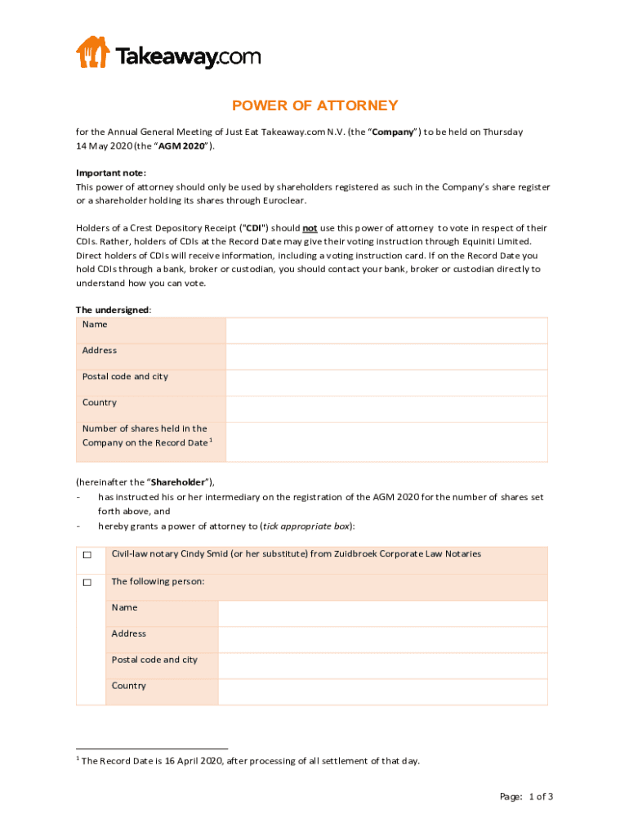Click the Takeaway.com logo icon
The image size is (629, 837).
coord(92,51)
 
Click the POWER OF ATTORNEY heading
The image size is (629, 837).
coord(314,105)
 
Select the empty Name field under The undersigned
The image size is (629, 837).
coord(386,330)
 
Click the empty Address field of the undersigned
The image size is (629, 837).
coord(386,356)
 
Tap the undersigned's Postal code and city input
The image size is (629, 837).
coord(386,383)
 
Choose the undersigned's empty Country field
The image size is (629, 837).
coord(386,409)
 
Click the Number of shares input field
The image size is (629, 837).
coord(386,441)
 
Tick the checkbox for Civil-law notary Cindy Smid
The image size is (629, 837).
coord(86,556)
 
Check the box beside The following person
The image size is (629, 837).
coord(86,583)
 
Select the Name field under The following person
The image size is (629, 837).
coord(382,613)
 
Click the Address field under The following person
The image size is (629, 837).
coord(382,639)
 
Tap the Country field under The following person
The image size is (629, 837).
coord(382,692)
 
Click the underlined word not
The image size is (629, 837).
coord(310,228)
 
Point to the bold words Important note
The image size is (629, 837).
coord(111,173)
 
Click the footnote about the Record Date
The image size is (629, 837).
coord(251,761)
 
